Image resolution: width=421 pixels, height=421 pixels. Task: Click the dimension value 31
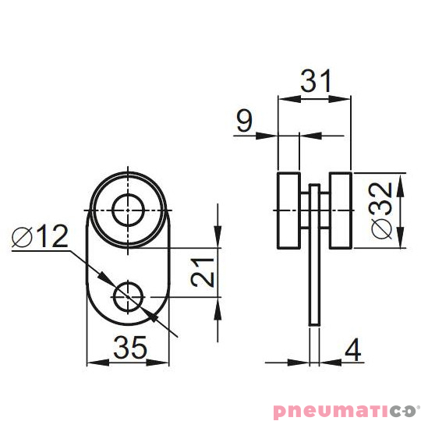click(314, 81)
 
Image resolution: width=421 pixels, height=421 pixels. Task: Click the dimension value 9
click(244, 121)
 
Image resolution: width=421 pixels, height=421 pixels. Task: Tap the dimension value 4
click(352, 348)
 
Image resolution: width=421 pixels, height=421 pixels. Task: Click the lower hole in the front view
click(127, 296)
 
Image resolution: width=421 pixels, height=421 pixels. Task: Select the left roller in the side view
click(288, 210)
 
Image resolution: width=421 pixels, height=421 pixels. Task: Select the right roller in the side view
click(340, 210)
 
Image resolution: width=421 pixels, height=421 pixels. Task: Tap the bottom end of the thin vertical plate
click(314, 320)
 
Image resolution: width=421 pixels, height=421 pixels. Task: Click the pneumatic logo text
click(346, 408)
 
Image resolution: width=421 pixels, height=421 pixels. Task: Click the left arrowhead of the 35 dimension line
click(91, 363)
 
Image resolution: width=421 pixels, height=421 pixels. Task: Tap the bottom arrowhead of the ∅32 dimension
click(401, 243)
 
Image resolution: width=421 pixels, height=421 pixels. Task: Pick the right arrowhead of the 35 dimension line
click(166, 363)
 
